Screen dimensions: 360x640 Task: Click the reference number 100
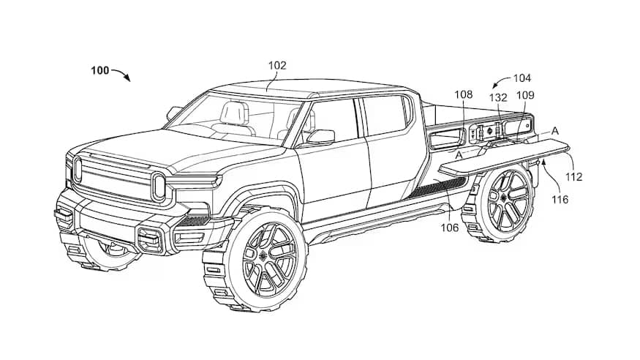[x=99, y=71]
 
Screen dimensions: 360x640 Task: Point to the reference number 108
[x=464, y=94]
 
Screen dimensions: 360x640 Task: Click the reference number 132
[x=498, y=97]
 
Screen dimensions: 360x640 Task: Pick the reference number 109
[x=525, y=95]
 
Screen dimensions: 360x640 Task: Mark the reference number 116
[x=560, y=199]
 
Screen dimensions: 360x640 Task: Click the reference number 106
[x=450, y=228]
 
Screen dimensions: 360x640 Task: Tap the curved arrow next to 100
[x=121, y=75]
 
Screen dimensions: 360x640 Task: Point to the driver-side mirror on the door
[x=321, y=137]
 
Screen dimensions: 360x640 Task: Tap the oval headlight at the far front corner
[x=77, y=170]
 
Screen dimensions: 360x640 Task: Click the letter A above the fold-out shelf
[x=554, y=130]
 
